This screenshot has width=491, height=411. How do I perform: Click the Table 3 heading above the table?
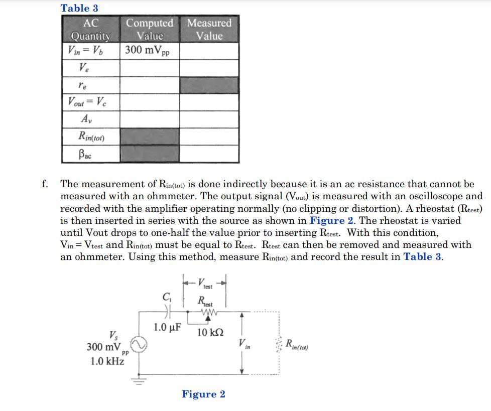79,8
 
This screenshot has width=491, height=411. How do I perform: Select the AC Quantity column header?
90,30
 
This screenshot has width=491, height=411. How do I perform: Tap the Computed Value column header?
150,30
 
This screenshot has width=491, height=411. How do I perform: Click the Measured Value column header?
209,30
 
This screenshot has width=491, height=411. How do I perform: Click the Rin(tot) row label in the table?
91,136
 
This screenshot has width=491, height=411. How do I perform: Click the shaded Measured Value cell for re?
209,85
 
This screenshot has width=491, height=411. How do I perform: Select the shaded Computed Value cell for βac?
150,154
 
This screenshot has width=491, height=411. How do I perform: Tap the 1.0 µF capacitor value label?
167,328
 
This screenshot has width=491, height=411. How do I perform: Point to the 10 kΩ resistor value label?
210,333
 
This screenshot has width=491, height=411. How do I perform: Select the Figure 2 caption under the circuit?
203,394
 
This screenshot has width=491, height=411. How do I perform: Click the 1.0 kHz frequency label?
107,361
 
